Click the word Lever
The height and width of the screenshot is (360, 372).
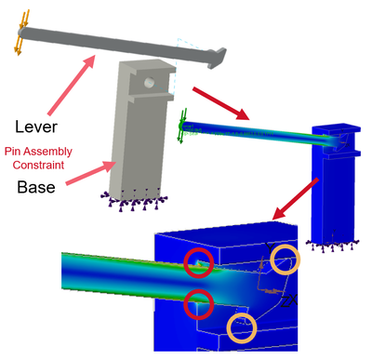[36, 127]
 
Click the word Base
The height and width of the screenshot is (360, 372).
[36, 187]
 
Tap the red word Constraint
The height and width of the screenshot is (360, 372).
[38, 165]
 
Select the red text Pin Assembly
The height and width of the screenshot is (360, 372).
[38, 152]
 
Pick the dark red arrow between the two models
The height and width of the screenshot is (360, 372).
[221, 103]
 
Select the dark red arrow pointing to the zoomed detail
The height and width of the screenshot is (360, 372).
[295, 199]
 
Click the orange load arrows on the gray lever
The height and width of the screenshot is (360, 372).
[21, 33]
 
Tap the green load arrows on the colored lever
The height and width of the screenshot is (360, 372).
[182, 126]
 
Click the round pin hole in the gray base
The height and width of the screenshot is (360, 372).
[149, 83]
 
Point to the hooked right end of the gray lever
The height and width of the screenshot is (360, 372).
[217, 58]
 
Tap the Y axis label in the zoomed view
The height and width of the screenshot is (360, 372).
[270, 248]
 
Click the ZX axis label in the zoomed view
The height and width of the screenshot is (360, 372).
[288, 301]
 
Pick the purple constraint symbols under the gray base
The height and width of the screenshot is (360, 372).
[134, 200]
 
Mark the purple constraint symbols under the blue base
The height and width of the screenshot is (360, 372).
[332, 245]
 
